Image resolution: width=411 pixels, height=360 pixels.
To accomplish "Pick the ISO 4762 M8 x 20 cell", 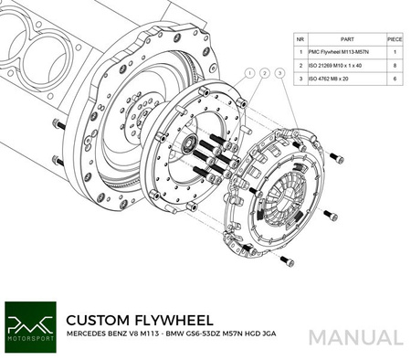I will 343,80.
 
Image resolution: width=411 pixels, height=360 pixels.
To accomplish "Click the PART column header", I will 343,41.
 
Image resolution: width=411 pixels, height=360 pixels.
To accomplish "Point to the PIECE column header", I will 395,41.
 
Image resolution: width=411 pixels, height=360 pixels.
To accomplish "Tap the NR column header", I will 300,41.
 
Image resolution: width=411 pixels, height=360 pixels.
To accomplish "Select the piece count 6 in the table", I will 395,80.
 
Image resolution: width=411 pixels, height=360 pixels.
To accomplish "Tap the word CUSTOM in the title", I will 99,321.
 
